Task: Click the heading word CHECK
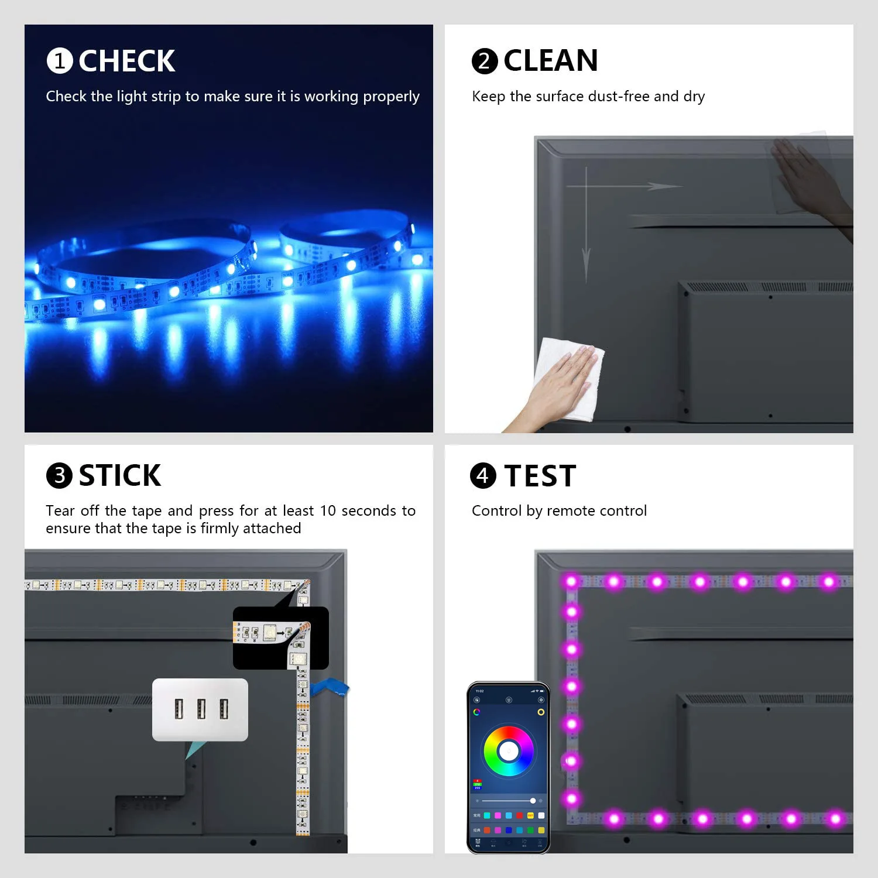tap(126, 61)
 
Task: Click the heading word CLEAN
tap(550, 60)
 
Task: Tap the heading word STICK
tap(119, 475)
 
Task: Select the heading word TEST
tap(540, 476)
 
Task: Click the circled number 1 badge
tap(60, 61)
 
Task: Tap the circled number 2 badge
tap(485, 61)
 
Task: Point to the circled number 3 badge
tap(59, 476)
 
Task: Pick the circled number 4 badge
tap(483, 476)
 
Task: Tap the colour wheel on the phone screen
tap(508, 751)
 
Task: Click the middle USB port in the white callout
tap(201, 709)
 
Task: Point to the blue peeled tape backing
tap(330, 687)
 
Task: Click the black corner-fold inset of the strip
tap(280, 637)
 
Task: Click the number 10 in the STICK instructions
tap(328, 511)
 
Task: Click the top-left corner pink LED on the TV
tap(571, 581)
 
